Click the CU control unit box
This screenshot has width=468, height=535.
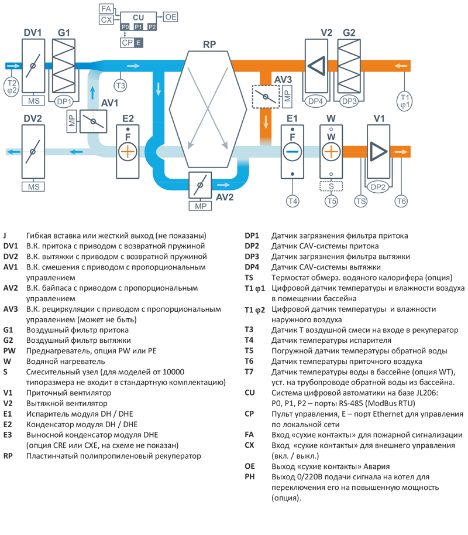(138, 18)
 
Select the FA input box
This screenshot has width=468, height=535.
(106, 9)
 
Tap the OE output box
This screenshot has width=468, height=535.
(171, 18)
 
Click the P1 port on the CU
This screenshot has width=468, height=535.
(139, 27)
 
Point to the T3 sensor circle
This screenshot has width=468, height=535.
(120, 86)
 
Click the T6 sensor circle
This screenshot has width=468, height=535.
(401, 202)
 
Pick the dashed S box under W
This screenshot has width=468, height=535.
(331, 186)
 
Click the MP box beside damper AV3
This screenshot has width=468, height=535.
(287, 96)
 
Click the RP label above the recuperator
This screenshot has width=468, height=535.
(209, 45)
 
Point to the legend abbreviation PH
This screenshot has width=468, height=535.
(249, 477)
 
